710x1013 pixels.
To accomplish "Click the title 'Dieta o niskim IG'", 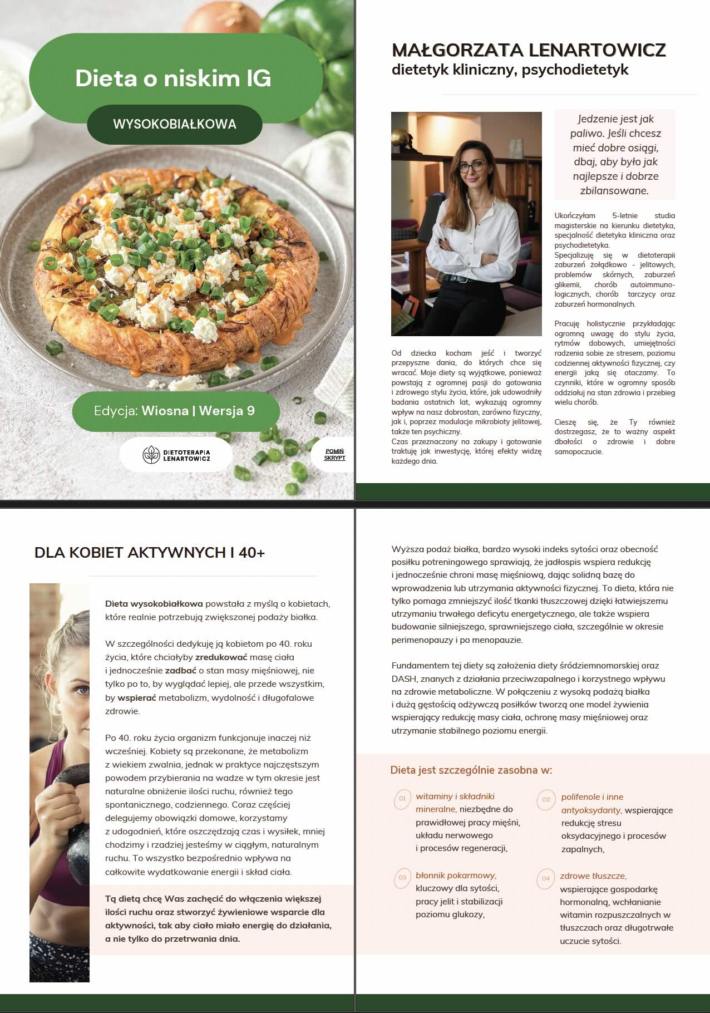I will [173, 78].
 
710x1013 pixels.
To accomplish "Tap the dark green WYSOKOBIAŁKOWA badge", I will [174, 124].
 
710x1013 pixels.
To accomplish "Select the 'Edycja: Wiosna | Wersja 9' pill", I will [175, 411].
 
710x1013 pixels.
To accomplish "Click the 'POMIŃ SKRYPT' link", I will [335, 455].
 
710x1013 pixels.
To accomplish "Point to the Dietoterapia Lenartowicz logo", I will [176, 455].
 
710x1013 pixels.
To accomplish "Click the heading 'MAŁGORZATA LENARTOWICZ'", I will [529, 50].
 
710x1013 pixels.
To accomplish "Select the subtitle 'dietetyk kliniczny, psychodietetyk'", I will [510, 70].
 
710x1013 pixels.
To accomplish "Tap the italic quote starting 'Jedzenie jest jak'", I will [615, 154].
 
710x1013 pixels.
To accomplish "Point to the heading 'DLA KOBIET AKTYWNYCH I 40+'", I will [150, 553].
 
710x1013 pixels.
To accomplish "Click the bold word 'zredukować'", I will [221, 657].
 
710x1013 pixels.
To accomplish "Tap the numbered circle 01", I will [402, 799].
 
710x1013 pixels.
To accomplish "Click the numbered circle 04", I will [546, 878].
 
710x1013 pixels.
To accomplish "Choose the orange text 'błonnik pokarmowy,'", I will [456, 876].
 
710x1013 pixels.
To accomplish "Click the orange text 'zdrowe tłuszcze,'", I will [593, 876].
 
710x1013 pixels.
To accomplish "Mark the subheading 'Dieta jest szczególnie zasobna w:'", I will [471, 770].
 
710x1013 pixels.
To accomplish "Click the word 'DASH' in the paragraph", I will [404, 679].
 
